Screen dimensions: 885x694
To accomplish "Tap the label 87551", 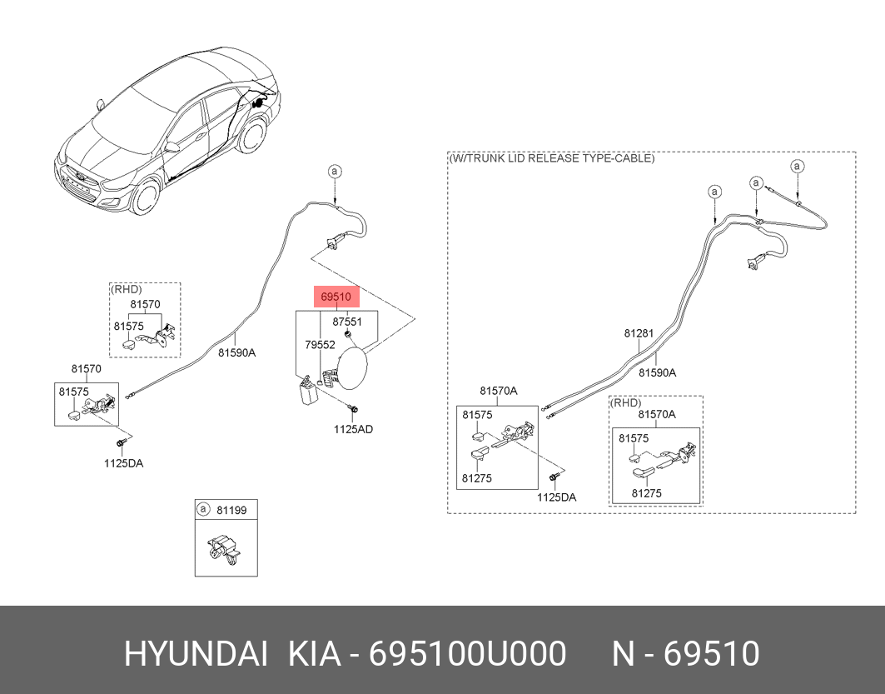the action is click(x=347, y=322).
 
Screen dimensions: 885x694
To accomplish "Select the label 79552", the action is click(x=320, y=344).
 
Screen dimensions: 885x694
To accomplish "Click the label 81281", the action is click(x=639, y=333).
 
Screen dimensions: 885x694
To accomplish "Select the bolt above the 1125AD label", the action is click(x=354, y=410).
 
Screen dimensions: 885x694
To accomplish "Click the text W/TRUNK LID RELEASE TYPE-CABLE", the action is click(x=551, y=157).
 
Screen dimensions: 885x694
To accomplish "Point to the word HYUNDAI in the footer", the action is click(x=195, y=654).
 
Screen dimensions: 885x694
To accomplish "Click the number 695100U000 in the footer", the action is click(x=468, y=654).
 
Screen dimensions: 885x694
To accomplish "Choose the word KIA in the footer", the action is click(x=315, y=654).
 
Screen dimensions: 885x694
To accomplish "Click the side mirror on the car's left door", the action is click(x=172, y=147).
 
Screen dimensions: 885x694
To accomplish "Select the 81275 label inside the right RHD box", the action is click(x=646, y=493).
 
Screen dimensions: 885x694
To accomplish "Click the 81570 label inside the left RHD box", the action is click(x=145, y=305).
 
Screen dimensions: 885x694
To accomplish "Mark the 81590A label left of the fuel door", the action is click(x=236, y=352).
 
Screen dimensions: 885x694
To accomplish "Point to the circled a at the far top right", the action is click(x=797, y=167).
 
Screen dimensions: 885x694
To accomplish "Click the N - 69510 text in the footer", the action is click(x=686, y=654).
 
